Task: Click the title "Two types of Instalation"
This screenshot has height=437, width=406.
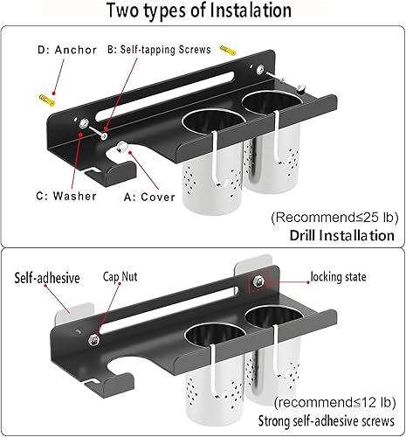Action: coord(203,12)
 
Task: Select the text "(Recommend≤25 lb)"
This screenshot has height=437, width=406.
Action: coord(333,216)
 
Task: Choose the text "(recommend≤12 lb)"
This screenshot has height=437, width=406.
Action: coord(333,403)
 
